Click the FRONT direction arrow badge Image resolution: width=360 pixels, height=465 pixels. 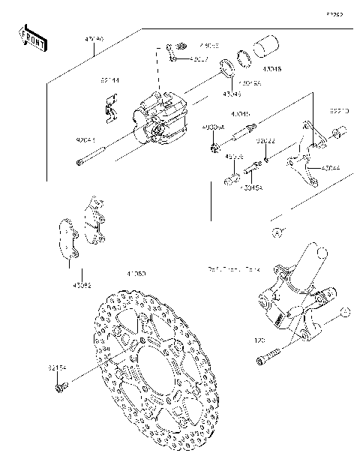31,38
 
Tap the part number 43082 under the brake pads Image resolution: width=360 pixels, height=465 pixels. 82,285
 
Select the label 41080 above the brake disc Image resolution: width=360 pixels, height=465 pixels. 136,274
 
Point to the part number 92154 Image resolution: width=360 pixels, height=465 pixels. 58,367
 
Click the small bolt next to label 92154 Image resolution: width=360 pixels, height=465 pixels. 59,387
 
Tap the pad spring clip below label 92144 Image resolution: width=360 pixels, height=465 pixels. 112,108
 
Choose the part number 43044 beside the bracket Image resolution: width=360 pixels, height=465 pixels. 331,169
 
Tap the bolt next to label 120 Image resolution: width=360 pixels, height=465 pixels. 271,356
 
